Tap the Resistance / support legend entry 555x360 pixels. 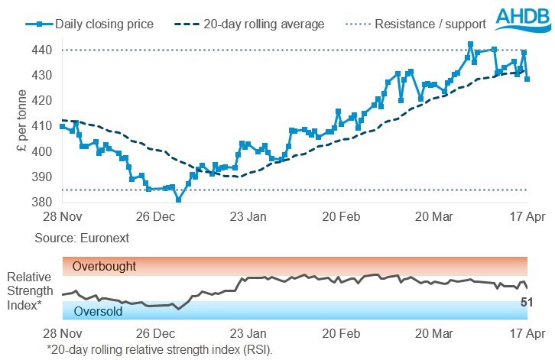(x=424, y=24)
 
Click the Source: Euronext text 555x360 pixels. (x=82, y=238)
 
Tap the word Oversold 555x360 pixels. (x=98, y=311)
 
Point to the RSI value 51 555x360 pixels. (x=526, y=303)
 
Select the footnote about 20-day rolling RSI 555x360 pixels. (x=159, y=349)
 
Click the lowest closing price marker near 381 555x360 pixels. (x=179, y=200)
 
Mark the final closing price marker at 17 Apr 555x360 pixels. (x=527, y=79)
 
